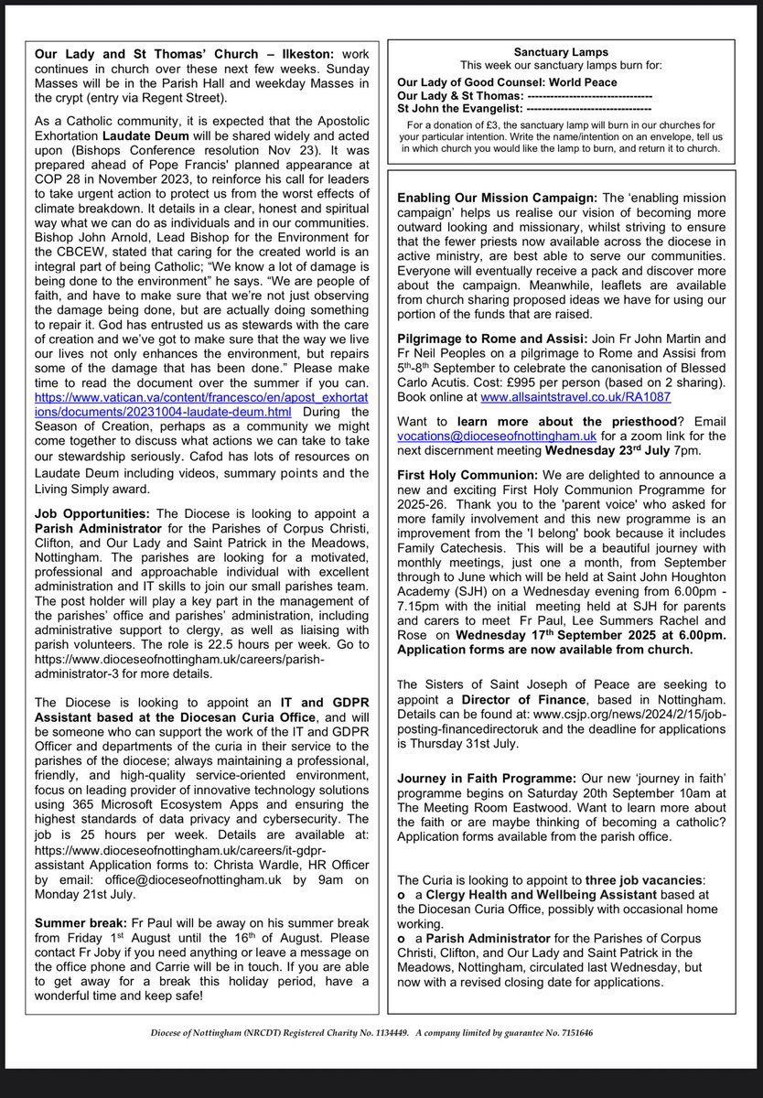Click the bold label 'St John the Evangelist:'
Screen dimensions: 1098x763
click(x=458, y=110)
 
